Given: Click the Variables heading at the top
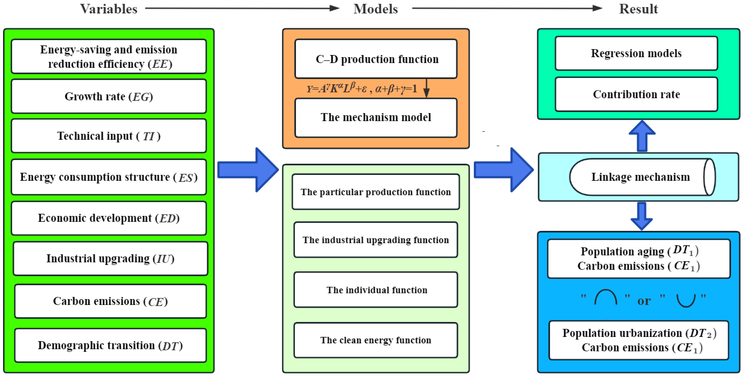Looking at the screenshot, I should (x=108, y=9).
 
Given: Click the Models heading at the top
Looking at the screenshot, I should (x=376, y=9).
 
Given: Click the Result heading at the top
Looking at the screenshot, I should (x=638, y=9).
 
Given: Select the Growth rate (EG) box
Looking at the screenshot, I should (x=109, y=96).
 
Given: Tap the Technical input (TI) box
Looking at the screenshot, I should (x=109, y=136).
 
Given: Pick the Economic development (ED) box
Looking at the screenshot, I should (x=109, y=218).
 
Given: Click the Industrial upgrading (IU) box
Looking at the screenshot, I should (x=110, y=258).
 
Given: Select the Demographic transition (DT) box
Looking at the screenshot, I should (x=110, y=345).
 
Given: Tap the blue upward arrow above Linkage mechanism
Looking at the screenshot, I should (x=642, y=136).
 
